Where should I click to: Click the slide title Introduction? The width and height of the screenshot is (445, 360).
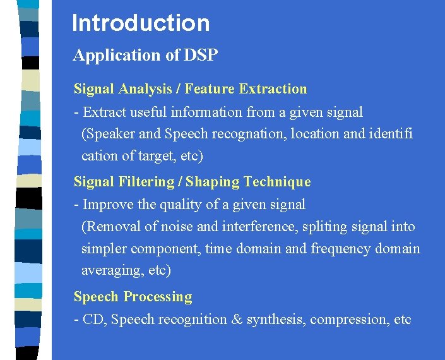[x=141, y=23]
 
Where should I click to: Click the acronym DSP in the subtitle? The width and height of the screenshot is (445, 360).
[x=201, y=56]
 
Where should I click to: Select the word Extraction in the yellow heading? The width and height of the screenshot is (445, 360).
[x=273, y=89]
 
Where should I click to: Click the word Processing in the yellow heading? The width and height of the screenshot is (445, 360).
[x=158, y=297]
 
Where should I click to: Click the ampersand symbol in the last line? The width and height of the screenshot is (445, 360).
[x=237, y=320]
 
